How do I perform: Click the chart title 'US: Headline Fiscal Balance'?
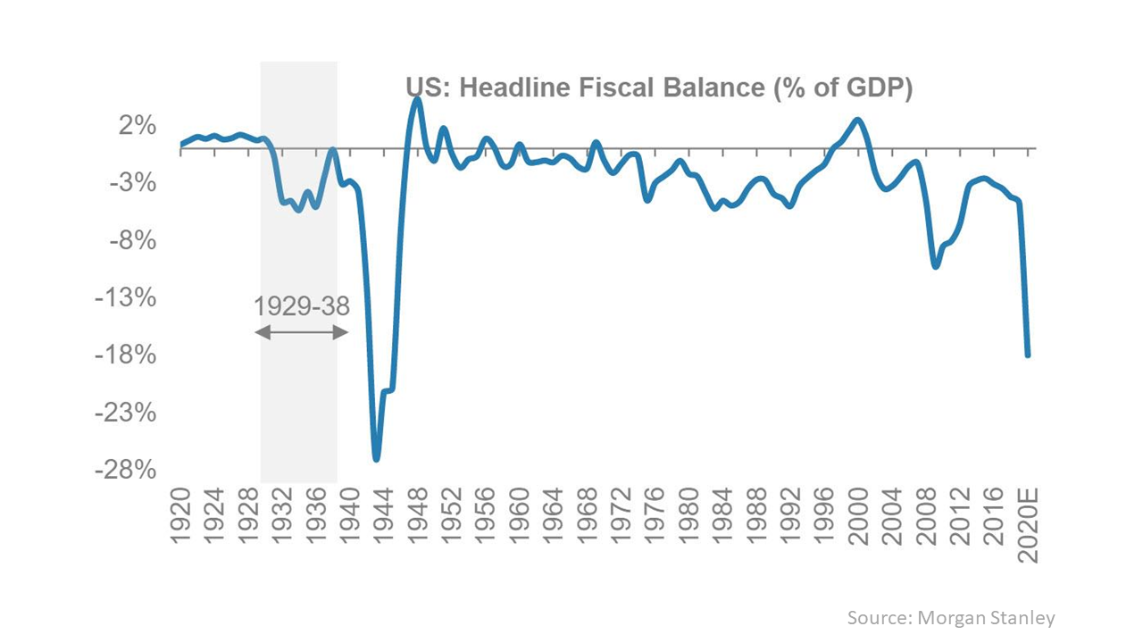(659, 88)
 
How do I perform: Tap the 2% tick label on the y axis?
(138, 126)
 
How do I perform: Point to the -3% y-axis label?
(135, 183)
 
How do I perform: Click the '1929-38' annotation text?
(301, 306)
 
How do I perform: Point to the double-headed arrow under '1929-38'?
(301, 332)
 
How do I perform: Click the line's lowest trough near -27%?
(377, 459)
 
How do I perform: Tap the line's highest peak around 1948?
(417, 99)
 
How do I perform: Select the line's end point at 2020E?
(1028, 355)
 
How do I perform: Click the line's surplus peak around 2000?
(857, 120)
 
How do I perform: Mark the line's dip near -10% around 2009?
(935, 266)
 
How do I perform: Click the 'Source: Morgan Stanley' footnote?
(950, 617)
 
